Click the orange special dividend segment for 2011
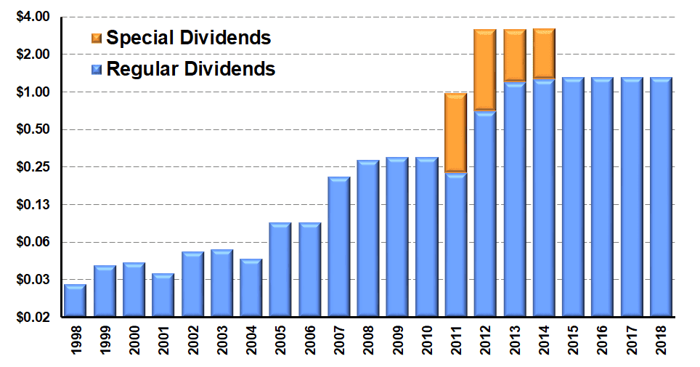tap(455, 132)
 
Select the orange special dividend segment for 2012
tap(484, 70)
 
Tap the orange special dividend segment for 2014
tap(543, 53)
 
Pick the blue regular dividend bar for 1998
tap(75, 301)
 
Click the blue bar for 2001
tap(163, 295)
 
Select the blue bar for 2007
tap(338, 247)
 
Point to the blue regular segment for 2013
tap(514, 199)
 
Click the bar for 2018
tap(661, 197)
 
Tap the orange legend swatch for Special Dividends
tap(97, 38)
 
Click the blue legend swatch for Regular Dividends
tap(97, 70)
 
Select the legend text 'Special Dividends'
tap(188, 38)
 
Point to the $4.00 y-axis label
tap(32, 17)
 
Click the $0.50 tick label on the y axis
tap(32, 129)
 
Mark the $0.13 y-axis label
tap(32, 205)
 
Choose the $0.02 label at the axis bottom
tap(32, 318)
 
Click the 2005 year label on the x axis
tap(280, 342)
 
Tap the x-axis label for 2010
tap(426, 342)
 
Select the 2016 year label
tap(602, 342)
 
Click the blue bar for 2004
tap(251, 288)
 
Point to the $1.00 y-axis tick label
tap(32, 92)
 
